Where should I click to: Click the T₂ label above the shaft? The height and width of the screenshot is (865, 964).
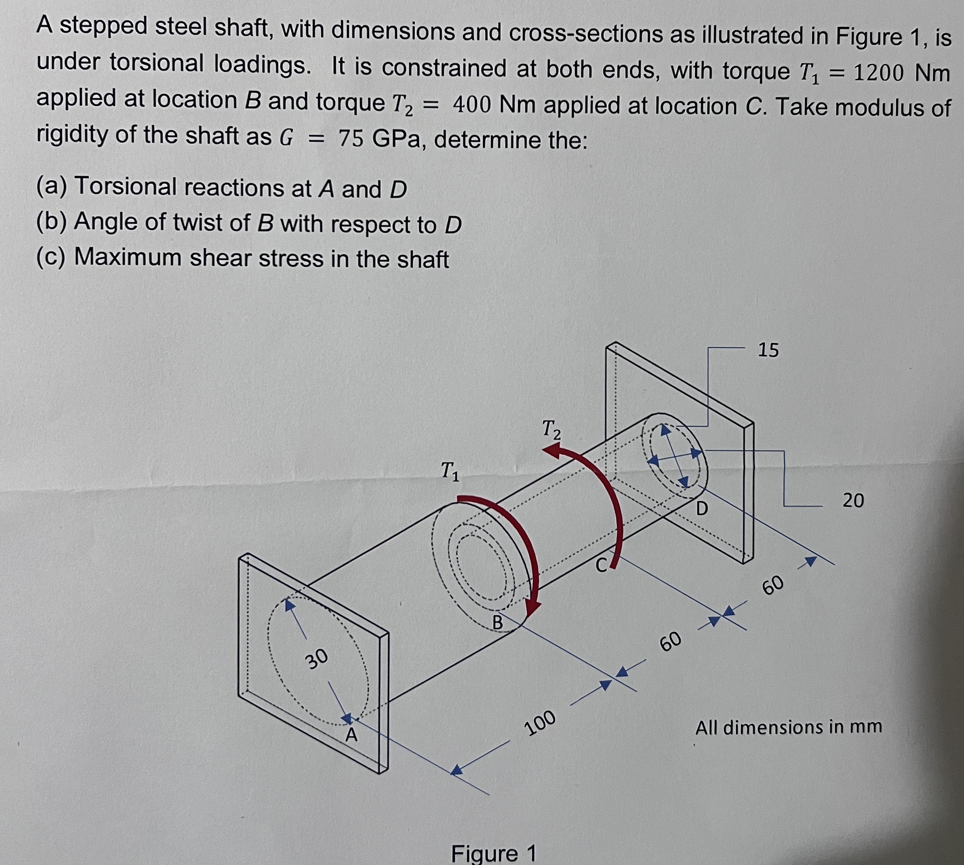[x=552, y=429]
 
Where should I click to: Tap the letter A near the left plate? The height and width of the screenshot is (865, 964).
[x=351, y=735]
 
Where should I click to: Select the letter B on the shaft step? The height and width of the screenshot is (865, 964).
[x=497, y=622]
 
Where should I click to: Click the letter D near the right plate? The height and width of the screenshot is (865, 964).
[x=702, y=509]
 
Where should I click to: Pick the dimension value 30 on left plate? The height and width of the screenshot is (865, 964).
[x=316, y=659]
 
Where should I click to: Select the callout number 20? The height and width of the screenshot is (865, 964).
[x=853, y=501]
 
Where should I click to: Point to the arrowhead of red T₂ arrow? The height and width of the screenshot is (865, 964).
[x=553, y=452]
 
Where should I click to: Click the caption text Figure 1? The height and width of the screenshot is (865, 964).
[x=493, y=853]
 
